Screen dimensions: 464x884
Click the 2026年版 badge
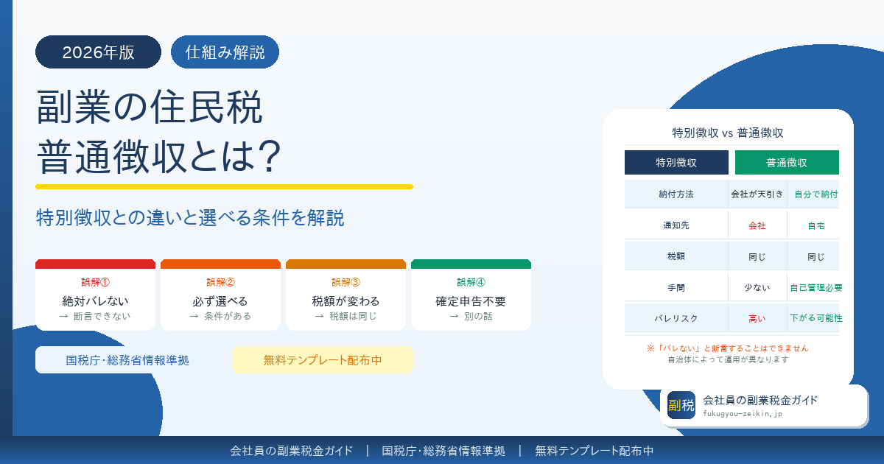(x=98, y=52)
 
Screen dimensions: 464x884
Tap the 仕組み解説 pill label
(x=225, y=52)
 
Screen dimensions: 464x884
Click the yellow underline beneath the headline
(x=224, y=187)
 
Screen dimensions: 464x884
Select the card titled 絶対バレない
(x=95, y=295)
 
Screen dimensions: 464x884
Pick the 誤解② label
(x=220, y=281)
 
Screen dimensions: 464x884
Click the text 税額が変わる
(x=345, y=301)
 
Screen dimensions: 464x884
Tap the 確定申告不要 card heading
(x=471, y=301)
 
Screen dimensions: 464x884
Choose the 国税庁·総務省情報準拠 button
(x=127, y=360)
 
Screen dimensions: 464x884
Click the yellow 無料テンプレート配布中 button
(x=323, y=360)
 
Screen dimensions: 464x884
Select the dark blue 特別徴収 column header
(x=676, y=163)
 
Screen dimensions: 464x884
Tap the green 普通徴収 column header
(x=787, y=163)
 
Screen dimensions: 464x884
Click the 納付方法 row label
(x=676, y=194)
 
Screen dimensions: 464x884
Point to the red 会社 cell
(x=757, y=225)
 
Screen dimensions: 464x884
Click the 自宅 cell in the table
(x=815, y=225)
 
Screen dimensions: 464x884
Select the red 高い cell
(x=757, y=318)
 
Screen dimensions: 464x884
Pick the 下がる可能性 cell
(x=815, y=318)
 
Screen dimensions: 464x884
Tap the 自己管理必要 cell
(x=815, y=287)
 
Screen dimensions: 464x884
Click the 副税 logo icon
(x=681, y=405)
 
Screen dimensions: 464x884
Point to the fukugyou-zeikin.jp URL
(x=743, y=414)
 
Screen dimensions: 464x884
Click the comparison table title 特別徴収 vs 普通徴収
(x=728, y=133)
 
